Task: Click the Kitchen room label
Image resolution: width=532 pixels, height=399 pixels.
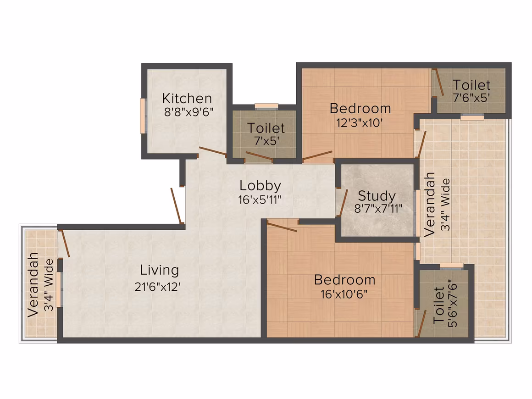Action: point(187,99)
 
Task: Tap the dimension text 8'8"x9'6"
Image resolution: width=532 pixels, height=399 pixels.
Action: point(188,111)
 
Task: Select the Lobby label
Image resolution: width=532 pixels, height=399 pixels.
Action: point(260,186)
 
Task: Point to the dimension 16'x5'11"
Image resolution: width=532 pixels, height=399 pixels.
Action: point(260,200)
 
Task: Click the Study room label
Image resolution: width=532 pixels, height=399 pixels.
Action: point(377,196)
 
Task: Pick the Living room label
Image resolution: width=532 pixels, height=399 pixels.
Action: point(159,270)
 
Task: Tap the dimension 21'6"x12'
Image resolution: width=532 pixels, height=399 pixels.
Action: point(157,287)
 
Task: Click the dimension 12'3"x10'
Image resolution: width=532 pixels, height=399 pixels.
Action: point(360,122)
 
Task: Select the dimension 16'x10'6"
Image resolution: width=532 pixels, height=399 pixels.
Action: point(344,294)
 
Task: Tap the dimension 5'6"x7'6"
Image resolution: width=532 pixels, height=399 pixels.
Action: point(453,303)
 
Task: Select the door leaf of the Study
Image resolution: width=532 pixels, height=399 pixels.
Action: point(342,203)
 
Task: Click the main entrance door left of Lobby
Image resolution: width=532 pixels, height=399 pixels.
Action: point(177,205)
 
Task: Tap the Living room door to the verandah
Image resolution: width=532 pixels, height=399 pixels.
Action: point(65,243)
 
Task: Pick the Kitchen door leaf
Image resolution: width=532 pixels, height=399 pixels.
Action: point(213,152)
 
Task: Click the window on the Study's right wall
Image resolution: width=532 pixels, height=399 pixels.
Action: point(418,213)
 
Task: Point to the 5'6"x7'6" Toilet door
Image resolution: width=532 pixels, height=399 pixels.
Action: point(421,323)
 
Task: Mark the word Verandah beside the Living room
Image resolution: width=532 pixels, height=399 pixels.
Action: point(33,285)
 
